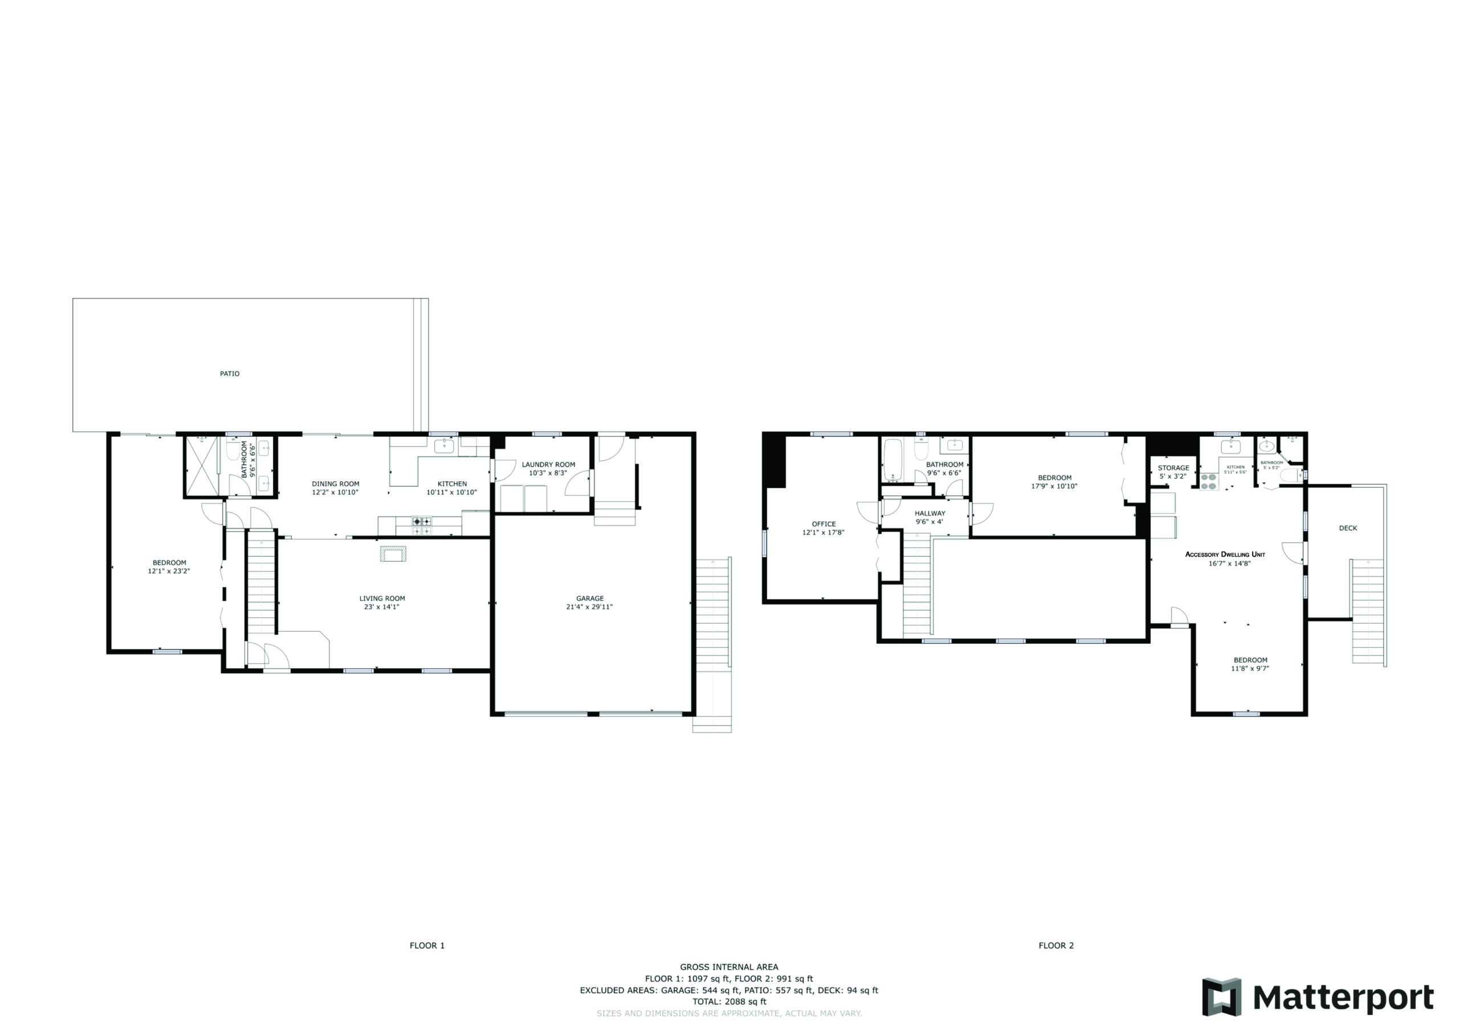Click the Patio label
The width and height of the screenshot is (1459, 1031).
[x=230, y=374]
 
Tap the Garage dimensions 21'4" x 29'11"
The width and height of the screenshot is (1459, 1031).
[x=589, y=607]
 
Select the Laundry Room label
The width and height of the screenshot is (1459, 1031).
[x=548, y=464]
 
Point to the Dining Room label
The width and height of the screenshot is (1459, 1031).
[x=335, y=484]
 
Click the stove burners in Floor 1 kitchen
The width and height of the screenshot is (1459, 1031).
[x=422, y=526]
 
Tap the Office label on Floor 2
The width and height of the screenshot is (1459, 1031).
[x=824, y=524]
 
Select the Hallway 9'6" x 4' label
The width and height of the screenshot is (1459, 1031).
[x=929, y=517]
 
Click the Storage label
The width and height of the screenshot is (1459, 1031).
[x=1173, y=468]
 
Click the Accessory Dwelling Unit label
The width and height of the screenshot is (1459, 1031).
[x=1225, y=555]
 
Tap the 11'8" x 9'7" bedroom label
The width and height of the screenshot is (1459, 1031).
[x=1250, y=668]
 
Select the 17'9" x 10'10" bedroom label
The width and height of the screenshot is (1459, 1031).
[x=1054, y=486]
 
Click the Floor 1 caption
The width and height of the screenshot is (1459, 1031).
[x=427, y=945]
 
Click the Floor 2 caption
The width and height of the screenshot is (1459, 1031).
[x=1055, y=945]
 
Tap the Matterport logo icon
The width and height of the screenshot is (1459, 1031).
[x=1221, y=997]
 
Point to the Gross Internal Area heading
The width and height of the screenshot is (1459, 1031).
[x=729, y=967]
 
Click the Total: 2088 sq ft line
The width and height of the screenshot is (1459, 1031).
[x=729, y=1001]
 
